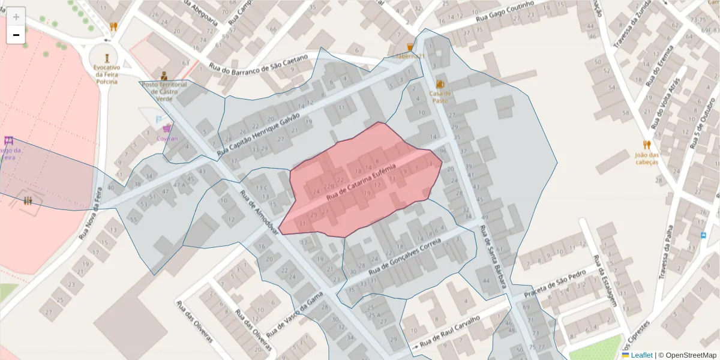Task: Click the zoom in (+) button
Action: point(16,17)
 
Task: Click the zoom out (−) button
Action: point(16,35)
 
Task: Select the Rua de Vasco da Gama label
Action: point(295,315)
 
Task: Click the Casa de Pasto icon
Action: point(440,84)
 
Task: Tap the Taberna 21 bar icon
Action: point(410,47)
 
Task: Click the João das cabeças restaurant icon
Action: point(646,145)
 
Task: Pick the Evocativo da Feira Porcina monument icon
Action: point(107,58)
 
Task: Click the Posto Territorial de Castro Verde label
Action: point(164,92)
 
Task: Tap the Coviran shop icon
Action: point(167,128)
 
